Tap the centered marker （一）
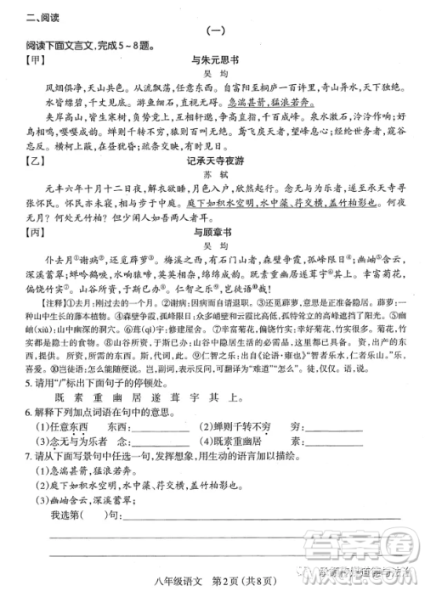pyautogui.click(x=213, y=31)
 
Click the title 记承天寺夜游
pyautogui.click(x=213, y=163)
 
